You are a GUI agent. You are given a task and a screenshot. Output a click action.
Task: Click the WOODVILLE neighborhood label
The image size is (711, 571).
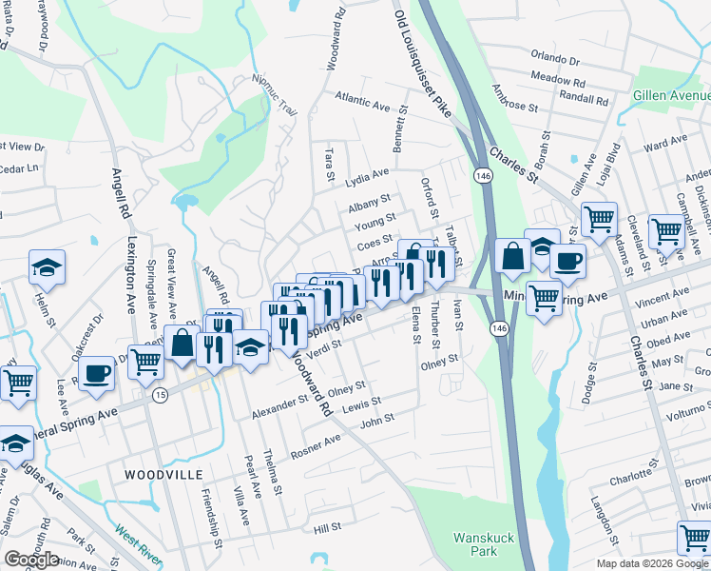[163, 473]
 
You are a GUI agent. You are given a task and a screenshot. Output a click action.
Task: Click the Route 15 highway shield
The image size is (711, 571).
[161, 394]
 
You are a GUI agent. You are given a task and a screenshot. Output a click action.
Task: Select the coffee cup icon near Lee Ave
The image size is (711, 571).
[96, 373]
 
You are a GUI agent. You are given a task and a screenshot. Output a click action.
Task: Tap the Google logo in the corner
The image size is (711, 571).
[30, 560]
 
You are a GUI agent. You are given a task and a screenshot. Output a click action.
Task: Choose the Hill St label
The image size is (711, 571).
[327, 527]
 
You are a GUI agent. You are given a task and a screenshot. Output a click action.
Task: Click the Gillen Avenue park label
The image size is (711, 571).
[672, 97]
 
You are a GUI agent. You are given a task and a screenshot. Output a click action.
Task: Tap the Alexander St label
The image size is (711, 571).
[279, 407]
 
